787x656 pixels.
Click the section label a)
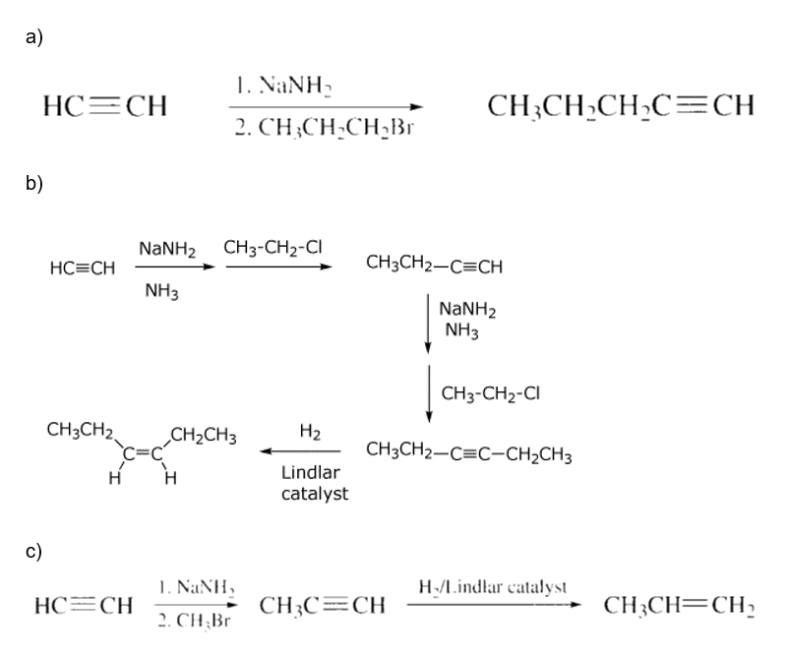(34, 37)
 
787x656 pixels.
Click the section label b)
(34, 183)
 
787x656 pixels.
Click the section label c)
(34, 551)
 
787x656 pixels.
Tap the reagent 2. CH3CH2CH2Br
(325, 129)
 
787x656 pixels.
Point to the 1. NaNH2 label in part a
(284, 87)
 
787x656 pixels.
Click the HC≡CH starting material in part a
(105, 106)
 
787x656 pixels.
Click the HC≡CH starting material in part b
(83, 268)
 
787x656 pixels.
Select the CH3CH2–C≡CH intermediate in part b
(434, 265)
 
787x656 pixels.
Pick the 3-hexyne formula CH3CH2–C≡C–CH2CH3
(469, 452)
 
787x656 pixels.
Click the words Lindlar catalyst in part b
(314, 483)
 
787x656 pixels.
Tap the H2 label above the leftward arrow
(310, 432)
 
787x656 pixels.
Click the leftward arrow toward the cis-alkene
(300, 451)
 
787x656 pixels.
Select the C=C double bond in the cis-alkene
(143, 453)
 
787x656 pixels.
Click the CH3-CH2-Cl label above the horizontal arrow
(273, 248)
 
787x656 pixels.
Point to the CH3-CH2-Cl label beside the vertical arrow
(490, 393)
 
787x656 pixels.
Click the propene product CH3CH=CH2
(679, 606)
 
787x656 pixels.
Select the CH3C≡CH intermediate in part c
(323, 606)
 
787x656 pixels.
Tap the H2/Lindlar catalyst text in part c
(493, 587)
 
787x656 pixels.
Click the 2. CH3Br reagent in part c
(194, 622)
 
